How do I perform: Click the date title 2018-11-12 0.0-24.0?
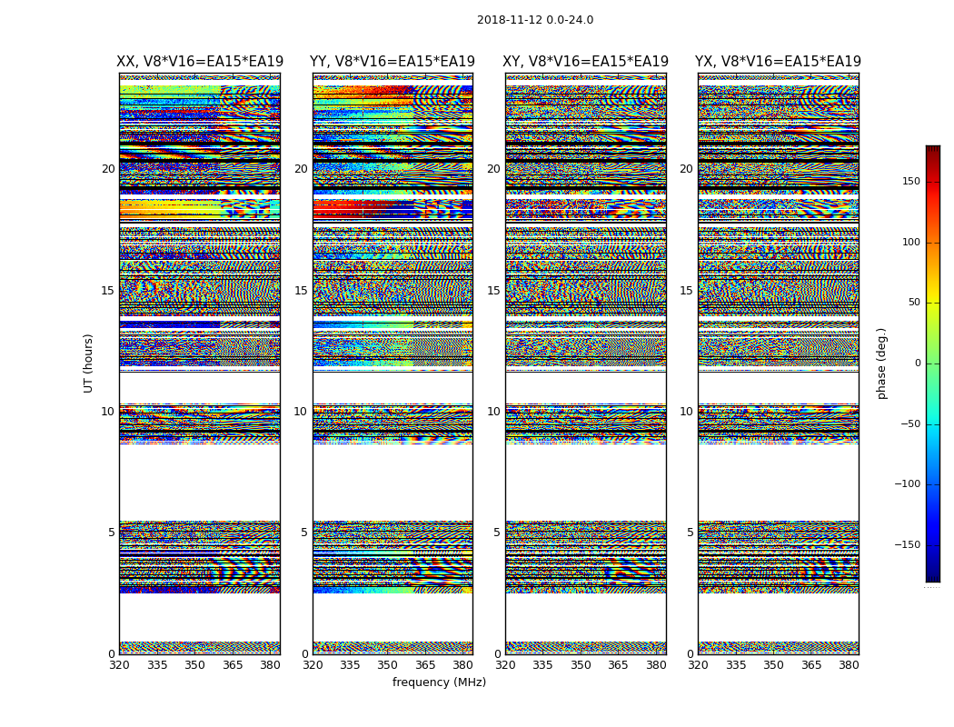(x=535, y=20)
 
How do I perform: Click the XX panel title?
(x=200, y=62)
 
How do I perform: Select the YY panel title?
(x=393, y=62)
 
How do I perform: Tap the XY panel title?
(x=585, y=62)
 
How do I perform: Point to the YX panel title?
(x=778, y=62)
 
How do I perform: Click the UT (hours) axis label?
(x=88, y=363)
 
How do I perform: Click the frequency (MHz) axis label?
(x=439, y=682)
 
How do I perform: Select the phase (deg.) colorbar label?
(x=881, y=363)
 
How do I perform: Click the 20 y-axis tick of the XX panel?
(x=108, y=169)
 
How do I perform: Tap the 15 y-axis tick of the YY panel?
(x=301, y=291)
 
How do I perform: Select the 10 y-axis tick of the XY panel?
(x=493, y=412)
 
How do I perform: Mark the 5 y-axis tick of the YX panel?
(x=690, y=533)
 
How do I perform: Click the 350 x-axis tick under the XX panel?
(x=194, y=665)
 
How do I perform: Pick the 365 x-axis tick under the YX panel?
(x=810, y=665)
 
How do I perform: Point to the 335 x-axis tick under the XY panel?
(x=542, y=665)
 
